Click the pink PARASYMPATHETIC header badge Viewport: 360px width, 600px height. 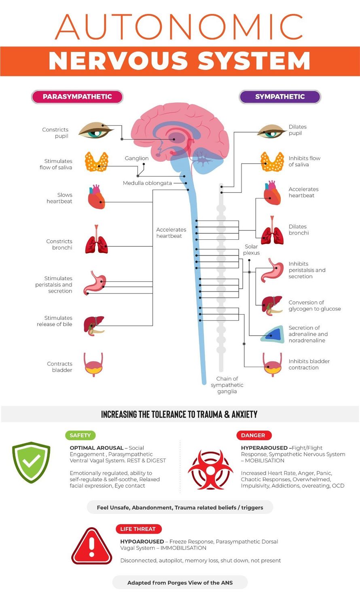(x=77, y=97)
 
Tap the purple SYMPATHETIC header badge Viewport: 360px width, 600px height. (x=280, y=97)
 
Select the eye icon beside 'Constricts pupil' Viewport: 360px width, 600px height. (x=96, y=130)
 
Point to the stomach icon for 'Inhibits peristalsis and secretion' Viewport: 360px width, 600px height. (x=272, y=270)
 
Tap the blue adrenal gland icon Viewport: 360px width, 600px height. (x=273, y=334)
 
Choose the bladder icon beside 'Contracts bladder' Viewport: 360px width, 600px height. (x=93, y=365)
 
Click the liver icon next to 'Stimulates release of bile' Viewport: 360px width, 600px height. (x=94, y=326)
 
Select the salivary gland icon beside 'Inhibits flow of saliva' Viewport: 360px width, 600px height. (x=272, y=161)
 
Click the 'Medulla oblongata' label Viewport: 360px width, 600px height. (x=147, y=183)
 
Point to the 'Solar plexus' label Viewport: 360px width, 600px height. (x=252, y=249)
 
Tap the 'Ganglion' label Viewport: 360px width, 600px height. (x=137, y=158)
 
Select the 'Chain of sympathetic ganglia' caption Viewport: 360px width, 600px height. (x=227, y=385)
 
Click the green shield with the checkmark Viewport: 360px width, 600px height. (x=31, y=462)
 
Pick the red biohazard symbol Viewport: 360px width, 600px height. (x=210, y=470)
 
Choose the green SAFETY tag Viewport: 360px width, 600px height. (x=80, y=435)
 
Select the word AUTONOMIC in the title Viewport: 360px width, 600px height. (x=179, y=27)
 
